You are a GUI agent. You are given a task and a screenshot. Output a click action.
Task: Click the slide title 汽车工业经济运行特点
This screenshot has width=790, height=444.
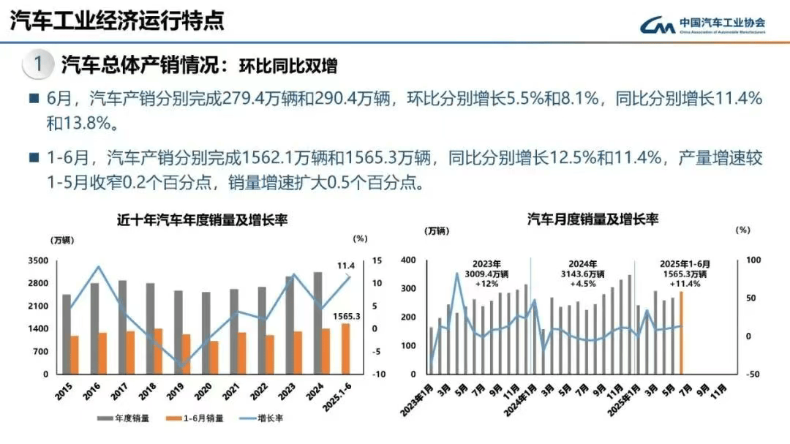point(117,20)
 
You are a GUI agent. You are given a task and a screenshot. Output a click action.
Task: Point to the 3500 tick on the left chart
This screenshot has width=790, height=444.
point(38,260)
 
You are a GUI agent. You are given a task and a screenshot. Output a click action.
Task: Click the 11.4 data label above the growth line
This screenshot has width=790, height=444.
point(345,265)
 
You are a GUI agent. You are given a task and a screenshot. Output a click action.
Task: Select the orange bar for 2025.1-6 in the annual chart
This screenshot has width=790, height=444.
point(345,349)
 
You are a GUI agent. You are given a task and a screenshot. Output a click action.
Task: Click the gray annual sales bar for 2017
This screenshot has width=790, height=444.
point(122,327)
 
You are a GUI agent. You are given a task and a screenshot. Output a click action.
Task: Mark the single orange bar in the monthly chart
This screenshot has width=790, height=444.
point(681,333)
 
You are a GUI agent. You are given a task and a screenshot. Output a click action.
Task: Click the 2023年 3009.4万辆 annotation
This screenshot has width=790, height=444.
point(486,273)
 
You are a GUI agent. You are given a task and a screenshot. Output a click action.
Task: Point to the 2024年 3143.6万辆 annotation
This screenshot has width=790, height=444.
point(583,273)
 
